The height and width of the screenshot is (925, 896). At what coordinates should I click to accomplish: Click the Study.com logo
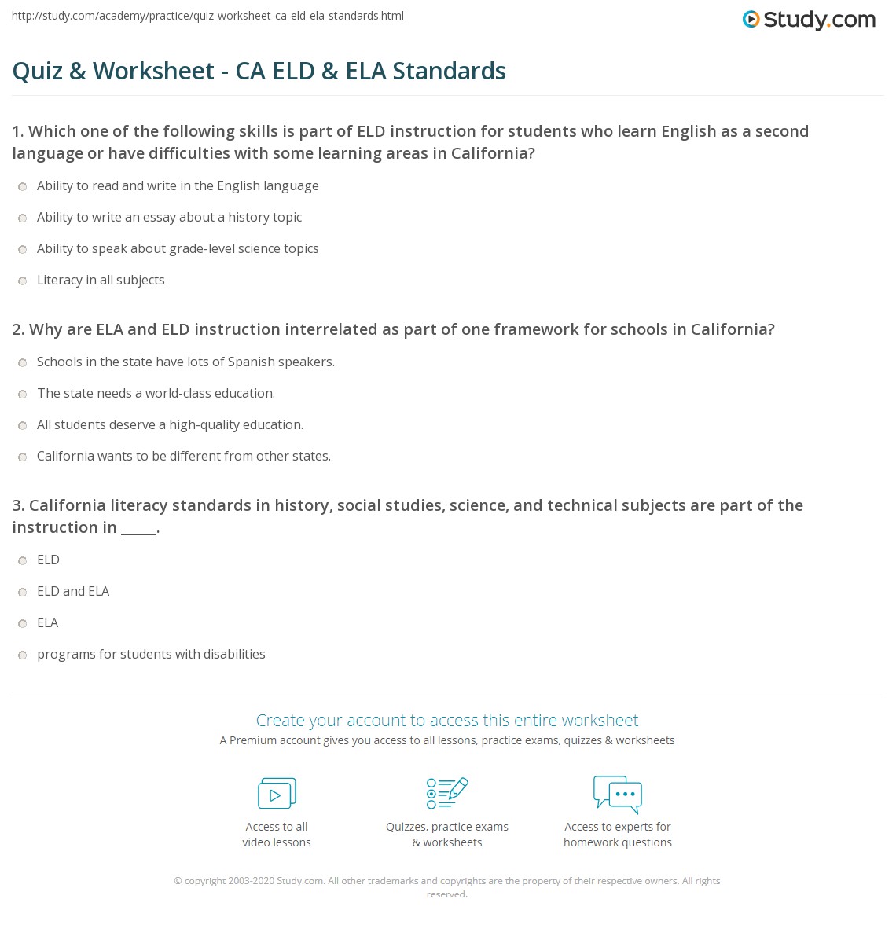click(809, 20)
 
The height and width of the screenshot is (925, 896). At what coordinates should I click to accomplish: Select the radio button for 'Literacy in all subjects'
click(24, 281)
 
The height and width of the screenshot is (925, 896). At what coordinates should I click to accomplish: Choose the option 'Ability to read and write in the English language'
click(24, 186)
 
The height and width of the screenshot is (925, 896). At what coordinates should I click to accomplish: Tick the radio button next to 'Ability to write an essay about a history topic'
click(24, 218)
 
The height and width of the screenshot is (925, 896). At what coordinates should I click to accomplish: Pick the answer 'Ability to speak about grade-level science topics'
click(24, 249)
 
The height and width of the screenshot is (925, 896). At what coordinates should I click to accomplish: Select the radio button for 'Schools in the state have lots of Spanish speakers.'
click(24, 362)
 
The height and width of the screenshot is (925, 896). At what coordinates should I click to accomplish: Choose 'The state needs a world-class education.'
click(24, 394)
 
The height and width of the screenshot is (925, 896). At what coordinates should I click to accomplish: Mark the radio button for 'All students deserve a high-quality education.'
click(24, 425)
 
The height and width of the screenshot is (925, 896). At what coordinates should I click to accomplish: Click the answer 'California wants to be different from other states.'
click(24, 457)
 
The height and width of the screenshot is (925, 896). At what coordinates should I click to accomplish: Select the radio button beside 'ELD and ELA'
click(24, 592)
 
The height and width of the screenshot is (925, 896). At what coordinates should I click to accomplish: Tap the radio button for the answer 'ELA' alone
click(24, 623)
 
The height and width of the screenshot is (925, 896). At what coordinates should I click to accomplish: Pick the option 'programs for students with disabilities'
click(24, 655)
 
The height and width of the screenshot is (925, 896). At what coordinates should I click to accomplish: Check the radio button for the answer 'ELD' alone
click(24, 560)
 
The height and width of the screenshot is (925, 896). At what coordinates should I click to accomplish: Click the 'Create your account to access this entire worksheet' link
click(447, 720)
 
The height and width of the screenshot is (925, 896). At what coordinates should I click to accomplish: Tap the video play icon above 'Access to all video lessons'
click(277, 794)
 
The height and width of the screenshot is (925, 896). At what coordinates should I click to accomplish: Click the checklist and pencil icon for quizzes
click(447, 793)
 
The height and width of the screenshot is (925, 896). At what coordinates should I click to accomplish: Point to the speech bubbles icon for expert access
click(618, 793)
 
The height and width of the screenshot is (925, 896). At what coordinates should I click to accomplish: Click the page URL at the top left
click(208, 16)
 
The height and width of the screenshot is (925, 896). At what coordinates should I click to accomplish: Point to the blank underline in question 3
click(139, 529)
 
